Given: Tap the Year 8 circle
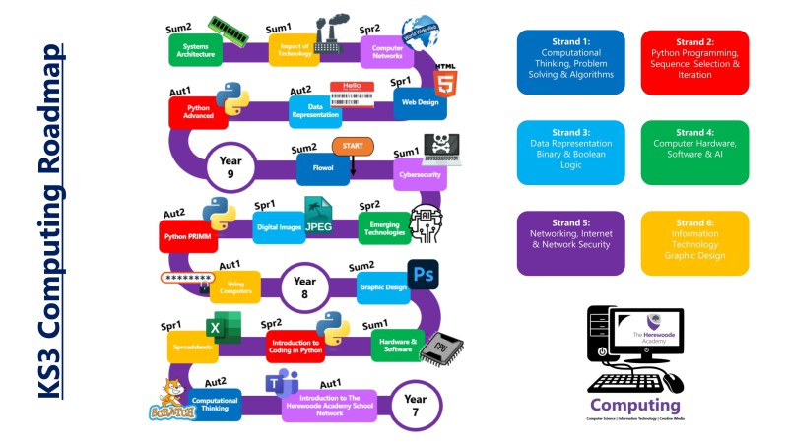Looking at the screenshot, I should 305,287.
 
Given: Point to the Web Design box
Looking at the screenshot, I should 419,100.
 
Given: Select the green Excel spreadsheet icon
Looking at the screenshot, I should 224,326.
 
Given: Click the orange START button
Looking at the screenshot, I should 352,147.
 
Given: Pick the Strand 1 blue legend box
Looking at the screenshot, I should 571,61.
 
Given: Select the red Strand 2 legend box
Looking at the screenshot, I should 694,61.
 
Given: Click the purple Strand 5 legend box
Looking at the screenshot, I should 571,242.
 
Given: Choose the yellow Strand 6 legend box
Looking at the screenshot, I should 694,242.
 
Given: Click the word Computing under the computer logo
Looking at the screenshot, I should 635,405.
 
